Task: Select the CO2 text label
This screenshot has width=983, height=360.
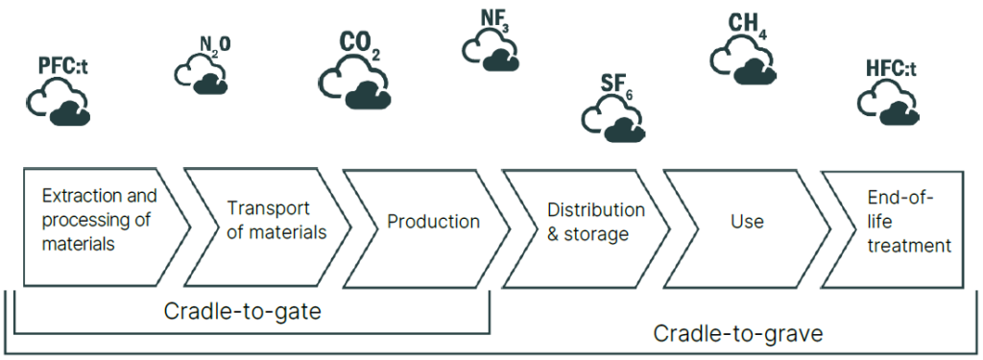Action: [359, 46]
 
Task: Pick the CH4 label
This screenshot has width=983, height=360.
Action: [748, 26]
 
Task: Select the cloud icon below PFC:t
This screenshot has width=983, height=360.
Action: [59, 103]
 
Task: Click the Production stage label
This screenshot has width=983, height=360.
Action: [433, 222]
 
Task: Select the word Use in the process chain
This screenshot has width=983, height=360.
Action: [747, 222]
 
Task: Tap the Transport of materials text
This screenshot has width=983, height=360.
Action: [276, 220]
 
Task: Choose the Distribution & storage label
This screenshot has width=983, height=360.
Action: [595, 222]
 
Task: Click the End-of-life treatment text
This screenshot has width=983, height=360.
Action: [909, 221]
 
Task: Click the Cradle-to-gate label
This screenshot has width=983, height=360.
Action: [243, 311]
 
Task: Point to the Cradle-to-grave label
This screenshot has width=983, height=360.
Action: [738, 334]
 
